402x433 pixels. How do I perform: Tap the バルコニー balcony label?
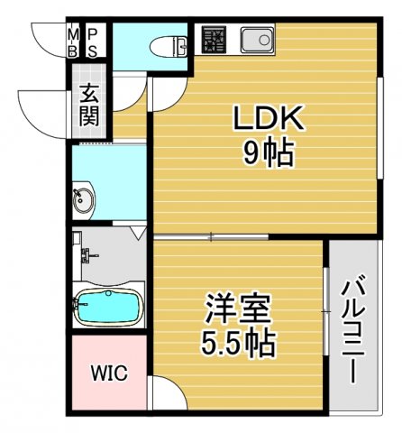point(354,330)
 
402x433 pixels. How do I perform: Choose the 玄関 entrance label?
point(89,104)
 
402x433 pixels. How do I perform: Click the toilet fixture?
point(167,45)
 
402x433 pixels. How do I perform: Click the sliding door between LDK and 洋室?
point(209,236)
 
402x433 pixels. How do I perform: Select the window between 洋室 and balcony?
point(325,311)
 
